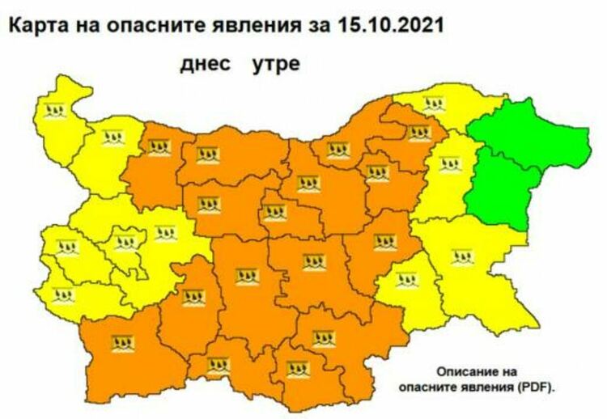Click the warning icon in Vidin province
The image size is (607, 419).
[55, 111]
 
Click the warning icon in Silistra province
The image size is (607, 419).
[434, 104]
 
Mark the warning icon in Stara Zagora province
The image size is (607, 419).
[312, 262]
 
